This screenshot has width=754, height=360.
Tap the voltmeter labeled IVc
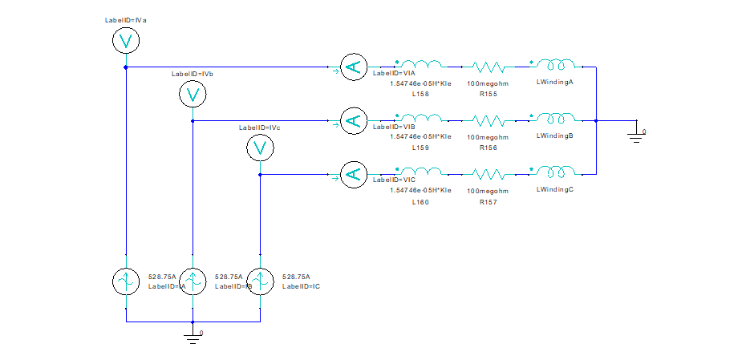tap(259, 148)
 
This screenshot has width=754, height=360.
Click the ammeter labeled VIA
tap(351, 67)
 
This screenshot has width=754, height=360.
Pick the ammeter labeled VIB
tap(351, 121)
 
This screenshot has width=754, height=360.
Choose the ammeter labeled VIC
tap(351, 174)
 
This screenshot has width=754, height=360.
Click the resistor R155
tap(488, 67)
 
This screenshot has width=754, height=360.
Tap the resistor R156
tap(488, 121)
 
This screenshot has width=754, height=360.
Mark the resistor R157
tap(488, 174)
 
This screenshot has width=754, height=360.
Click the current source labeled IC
tap(259, 281)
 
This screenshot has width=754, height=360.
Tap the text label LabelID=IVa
tap(126, 19)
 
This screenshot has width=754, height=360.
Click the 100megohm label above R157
tap(488, 192)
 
